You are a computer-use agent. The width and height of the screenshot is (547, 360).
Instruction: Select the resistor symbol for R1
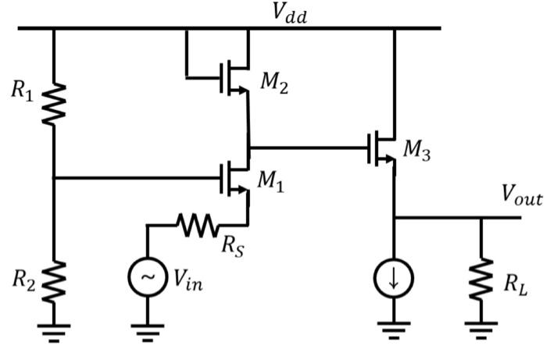point(54,105)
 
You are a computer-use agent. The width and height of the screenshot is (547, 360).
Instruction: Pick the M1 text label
point(272,181)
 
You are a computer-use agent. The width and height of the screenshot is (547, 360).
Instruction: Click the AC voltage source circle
point(146,278)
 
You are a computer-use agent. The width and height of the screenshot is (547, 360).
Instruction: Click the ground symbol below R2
point(54,329)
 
